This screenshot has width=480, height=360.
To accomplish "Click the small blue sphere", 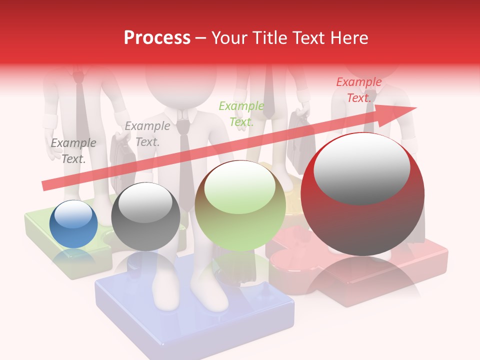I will click(x=73, y=224).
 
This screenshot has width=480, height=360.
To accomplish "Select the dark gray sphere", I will click(x=145, y=216).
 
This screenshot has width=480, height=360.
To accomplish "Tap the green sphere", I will click(x=240, y=206).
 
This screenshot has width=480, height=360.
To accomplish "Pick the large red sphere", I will click(x=362, y=195).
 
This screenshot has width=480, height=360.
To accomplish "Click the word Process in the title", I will click(x=157, y=37).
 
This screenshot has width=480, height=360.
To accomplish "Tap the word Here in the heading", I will click(x=349, y=37).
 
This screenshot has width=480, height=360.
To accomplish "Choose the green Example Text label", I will click(x=241, y=113).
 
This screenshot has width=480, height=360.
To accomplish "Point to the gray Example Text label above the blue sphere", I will click(x=73, y=150).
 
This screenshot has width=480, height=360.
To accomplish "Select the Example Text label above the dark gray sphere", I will click(x=147, y=133).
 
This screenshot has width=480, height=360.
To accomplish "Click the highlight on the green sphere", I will click(x=240, y=183).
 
